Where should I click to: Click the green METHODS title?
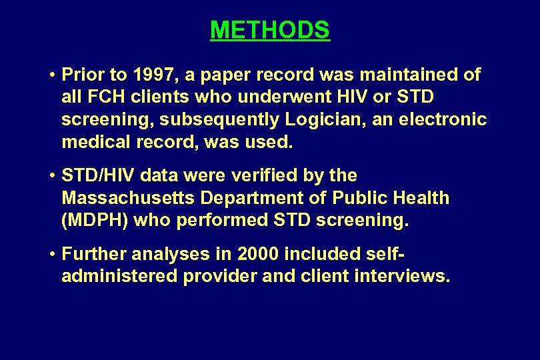(x=269, y=30)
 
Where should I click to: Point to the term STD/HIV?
(x=99, y=175)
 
